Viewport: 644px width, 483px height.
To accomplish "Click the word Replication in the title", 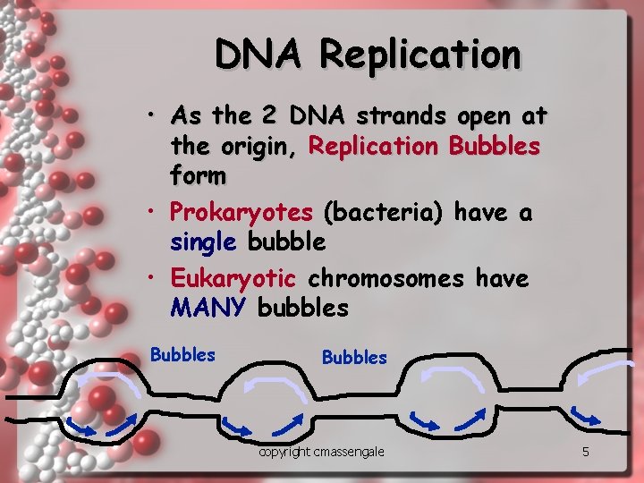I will click(x=419, y=55).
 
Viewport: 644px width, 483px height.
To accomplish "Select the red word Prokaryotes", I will click(x=241, y=213).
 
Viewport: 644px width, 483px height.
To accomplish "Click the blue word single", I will click(x=202, y=241).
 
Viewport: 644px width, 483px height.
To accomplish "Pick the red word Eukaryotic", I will click(x=233, y=278).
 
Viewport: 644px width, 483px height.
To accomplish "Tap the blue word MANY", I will click(x=207, y=309).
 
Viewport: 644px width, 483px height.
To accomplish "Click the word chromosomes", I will click(x=386, y=278).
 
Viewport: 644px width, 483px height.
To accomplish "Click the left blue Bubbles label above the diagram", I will click(x=182, y=354).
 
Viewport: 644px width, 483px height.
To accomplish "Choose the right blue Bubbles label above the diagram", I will click(x=354, y=358).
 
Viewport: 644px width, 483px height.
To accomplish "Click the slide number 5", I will click(x=585, y=452).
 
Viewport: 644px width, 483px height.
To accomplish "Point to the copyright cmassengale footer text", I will click(x=321, y=452).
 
